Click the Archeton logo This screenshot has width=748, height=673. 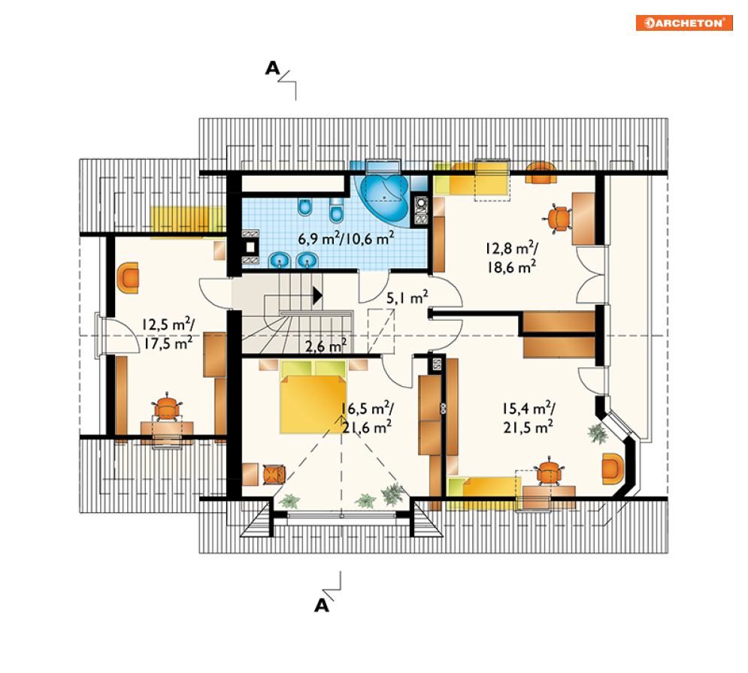point(684,23)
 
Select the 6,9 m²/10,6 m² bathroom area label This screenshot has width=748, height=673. point(346,238)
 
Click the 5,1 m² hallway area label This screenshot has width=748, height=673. point(407,298)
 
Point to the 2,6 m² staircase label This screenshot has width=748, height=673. point(326,346)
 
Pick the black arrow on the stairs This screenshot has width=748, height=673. point(317,295)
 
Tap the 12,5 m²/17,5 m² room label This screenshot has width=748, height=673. point(168,333)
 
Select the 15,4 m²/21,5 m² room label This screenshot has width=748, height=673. point(528,418)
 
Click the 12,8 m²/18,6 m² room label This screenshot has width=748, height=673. point(512,258)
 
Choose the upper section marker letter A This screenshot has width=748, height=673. point(272,68)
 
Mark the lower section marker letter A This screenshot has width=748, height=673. point(322,605)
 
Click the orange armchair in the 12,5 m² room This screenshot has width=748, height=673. point(128,277)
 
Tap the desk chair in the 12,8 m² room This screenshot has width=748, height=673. point(558,219)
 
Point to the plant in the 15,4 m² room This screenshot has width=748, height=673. point(598,433)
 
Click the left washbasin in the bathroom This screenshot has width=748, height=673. point(280,260)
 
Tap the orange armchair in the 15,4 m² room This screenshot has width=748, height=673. point(613,469)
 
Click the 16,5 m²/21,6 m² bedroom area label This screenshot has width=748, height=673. point(367,418)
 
